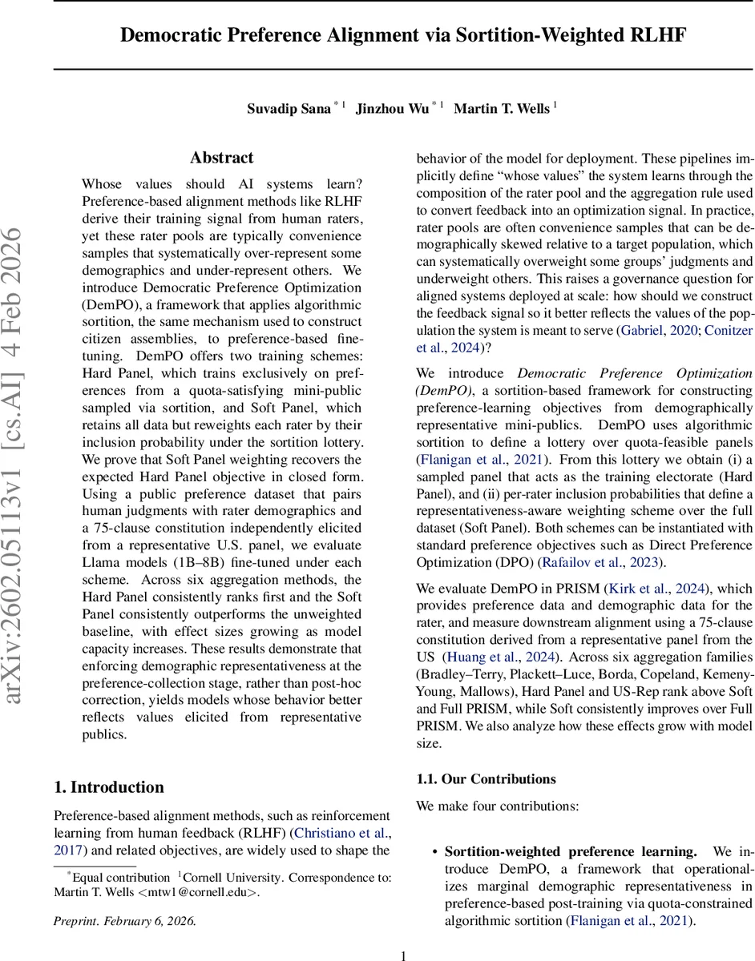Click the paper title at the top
403,35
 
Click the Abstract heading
222,158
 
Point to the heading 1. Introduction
109,786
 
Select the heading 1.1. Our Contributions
487,778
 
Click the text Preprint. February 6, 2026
124,920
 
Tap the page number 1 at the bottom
403,955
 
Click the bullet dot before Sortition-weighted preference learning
434,852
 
